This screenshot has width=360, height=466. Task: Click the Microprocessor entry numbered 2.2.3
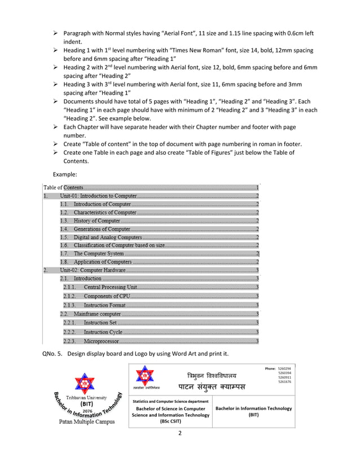coord(101,341)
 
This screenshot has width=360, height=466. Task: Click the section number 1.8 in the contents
coord(64,262)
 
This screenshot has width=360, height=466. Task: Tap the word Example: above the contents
coord(67,175)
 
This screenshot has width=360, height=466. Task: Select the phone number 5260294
coord(284,368)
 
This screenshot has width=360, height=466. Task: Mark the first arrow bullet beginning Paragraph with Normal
coord(56,34)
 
